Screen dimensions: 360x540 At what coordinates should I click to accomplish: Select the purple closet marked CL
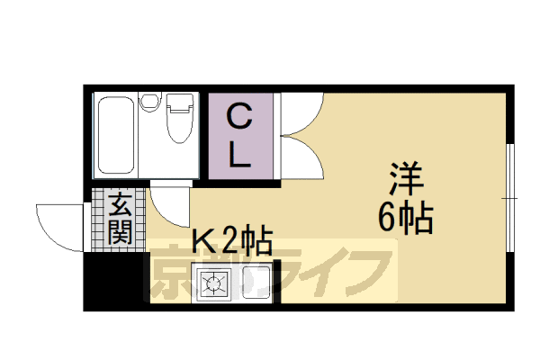coord(238,137)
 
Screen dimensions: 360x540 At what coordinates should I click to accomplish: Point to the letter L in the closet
coord(238,157)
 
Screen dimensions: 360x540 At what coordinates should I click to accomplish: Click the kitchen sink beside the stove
coord(255,285)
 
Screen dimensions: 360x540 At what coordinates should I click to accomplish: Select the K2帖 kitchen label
coord(232,242)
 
